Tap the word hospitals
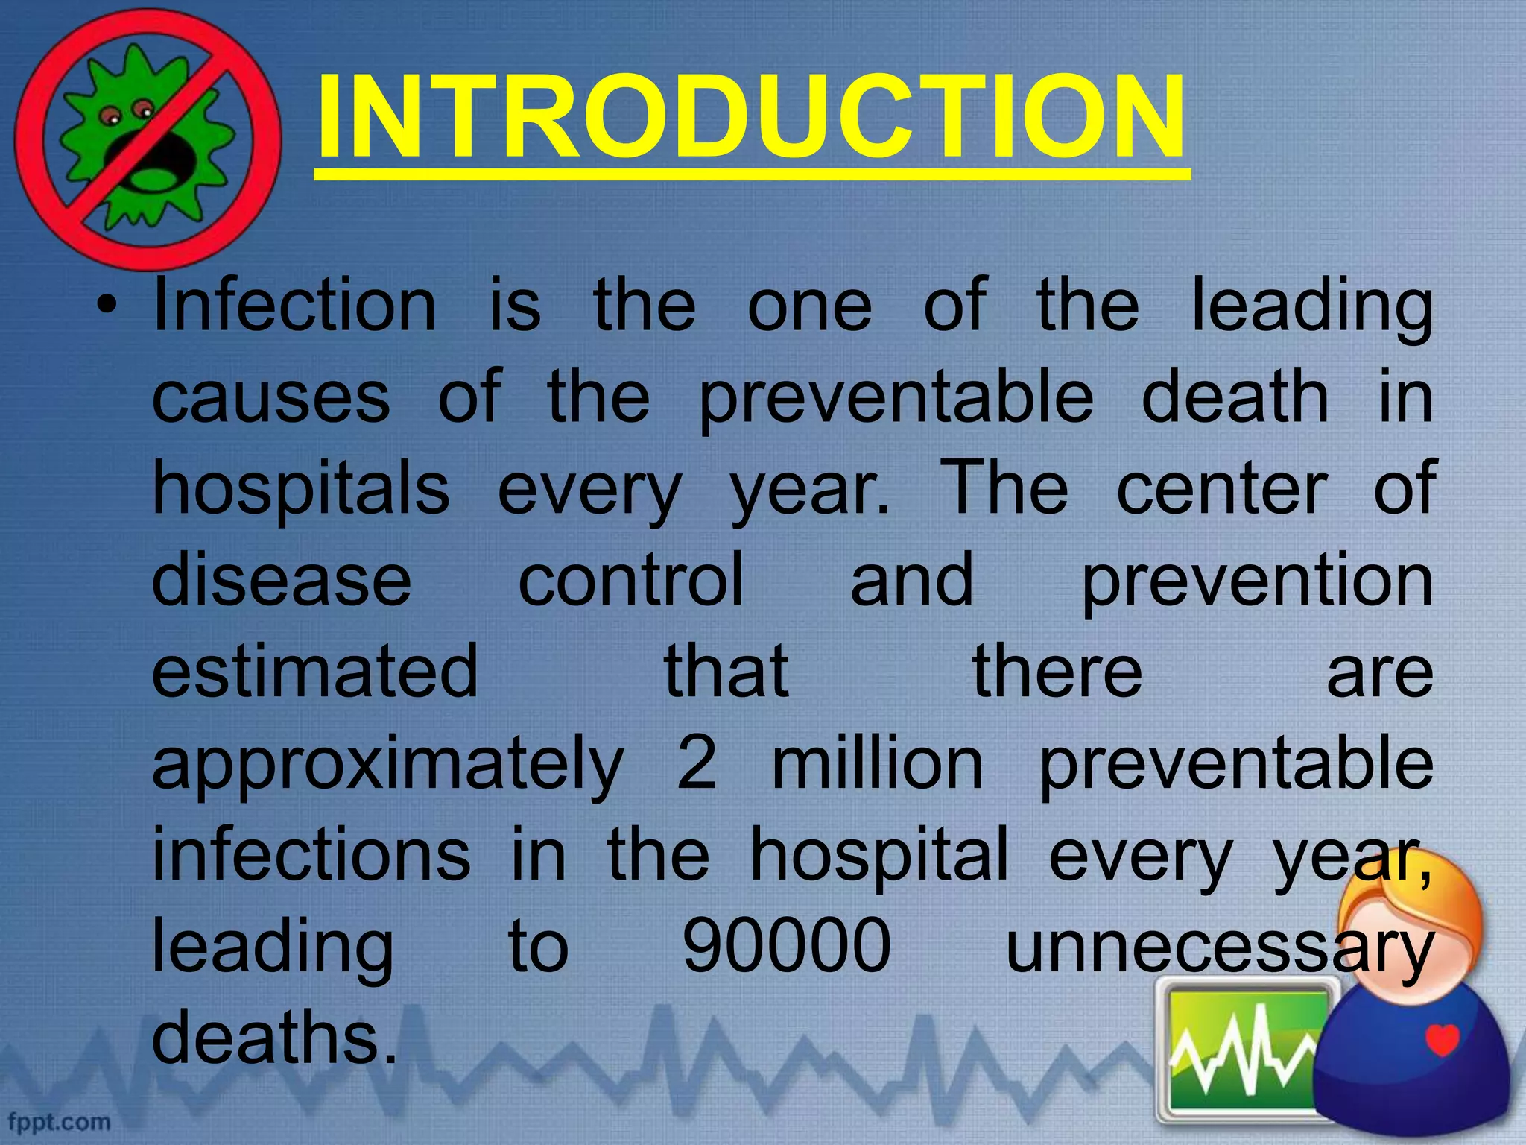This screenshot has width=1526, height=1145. (301, 491)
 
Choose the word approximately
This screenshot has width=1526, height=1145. (387, 766)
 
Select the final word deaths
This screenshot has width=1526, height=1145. (274, 1038)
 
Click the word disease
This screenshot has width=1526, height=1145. (282, 580)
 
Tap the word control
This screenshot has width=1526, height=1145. (630, 580)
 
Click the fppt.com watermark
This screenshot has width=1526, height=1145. (60, 1121)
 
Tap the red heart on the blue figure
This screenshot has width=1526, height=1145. (1441, 1039)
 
